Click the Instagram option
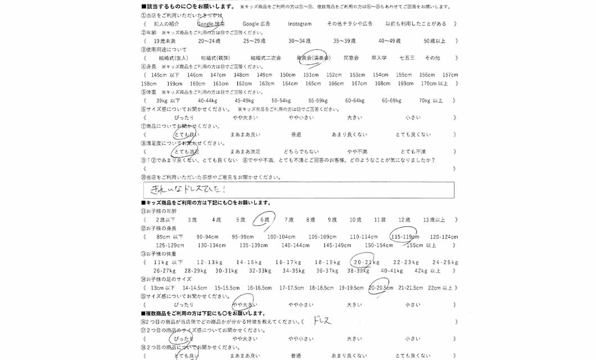click(x=300, y=24)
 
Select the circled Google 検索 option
click(x=211, y=24)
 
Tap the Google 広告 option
click(x=256, y=24)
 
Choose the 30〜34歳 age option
click(x=299, y=41)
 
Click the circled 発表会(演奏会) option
click(x=313, y=58)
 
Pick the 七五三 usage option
click(x=407, y=58)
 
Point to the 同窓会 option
click(x=351, y=58)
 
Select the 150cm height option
click(x=287, y=75)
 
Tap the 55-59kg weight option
click(x=318, y=101)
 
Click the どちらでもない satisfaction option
click(x=301, y=152)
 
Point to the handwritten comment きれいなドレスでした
click(x=185, y=190)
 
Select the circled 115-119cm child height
click(x=403, y=237)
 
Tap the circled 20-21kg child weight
click(x=365, y=262)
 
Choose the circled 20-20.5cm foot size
click(x=381, y=288)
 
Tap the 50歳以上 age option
click(x=434, y=41)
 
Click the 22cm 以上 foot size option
click(x=439, y=288)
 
